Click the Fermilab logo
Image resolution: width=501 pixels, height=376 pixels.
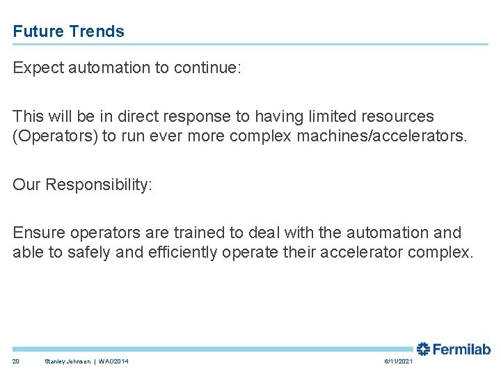(x=454, y=349)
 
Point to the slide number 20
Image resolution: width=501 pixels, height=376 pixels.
(x=16, y=361)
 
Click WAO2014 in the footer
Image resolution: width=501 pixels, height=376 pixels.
(x=113, y=361)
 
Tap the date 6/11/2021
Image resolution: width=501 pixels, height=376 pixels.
(x=398, y=361)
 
